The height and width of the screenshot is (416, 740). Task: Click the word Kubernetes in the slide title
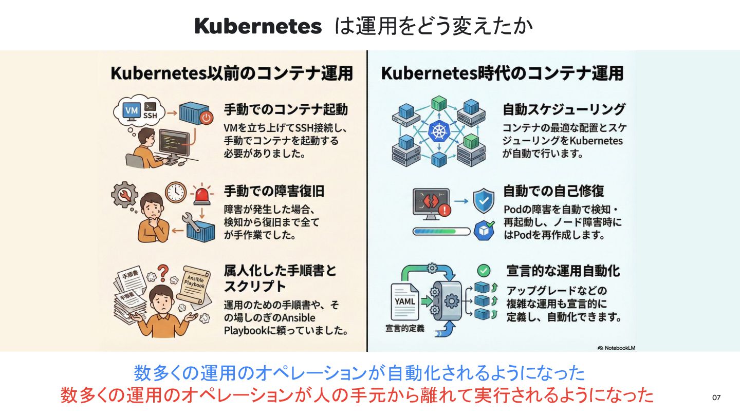click(x=258, y=26)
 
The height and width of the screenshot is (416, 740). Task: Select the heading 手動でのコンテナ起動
click(x=286, y=109)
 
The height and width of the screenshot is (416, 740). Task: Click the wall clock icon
click(x=175, y=191)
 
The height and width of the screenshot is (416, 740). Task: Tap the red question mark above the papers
click(x=163, y=271)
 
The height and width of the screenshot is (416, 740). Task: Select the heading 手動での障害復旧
click(x=274, y=192)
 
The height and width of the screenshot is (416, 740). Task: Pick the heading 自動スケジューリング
click(x=564, y=109)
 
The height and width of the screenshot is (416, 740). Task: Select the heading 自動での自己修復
click(x=553, y=192)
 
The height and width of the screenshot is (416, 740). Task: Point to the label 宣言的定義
click(x=405, y=328)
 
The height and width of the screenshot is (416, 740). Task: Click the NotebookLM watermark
click(x=617, y=348)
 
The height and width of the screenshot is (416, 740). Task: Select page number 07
click(x=716, y=398)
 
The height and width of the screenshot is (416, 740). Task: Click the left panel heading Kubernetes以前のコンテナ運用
click(x=232, y=73)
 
